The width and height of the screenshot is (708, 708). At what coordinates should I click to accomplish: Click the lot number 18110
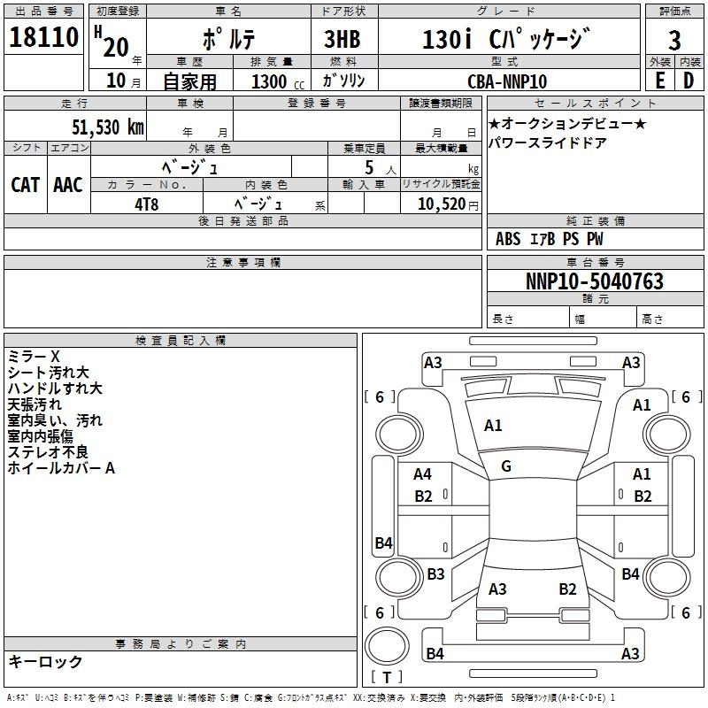44,39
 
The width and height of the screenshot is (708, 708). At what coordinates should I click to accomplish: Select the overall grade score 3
674,40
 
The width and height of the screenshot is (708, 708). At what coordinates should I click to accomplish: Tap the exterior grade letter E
659,81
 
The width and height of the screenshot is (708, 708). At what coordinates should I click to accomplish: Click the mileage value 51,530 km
107,127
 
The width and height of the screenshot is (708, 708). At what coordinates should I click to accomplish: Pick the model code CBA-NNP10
507,81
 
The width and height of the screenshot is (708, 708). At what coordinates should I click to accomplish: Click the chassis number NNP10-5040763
594,281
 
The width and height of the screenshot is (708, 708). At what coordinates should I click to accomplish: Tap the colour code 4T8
146,204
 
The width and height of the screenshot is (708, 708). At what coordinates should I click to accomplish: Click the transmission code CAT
25,184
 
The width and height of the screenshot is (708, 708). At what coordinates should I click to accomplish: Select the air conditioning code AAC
68,184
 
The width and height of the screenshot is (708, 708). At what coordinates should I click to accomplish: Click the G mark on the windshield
506,466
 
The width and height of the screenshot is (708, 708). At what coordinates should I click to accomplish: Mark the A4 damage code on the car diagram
423,474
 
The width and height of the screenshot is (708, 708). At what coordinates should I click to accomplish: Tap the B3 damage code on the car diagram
435,574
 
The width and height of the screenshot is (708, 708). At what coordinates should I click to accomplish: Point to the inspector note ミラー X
34,357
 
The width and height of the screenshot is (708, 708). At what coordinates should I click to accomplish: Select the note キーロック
46,662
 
